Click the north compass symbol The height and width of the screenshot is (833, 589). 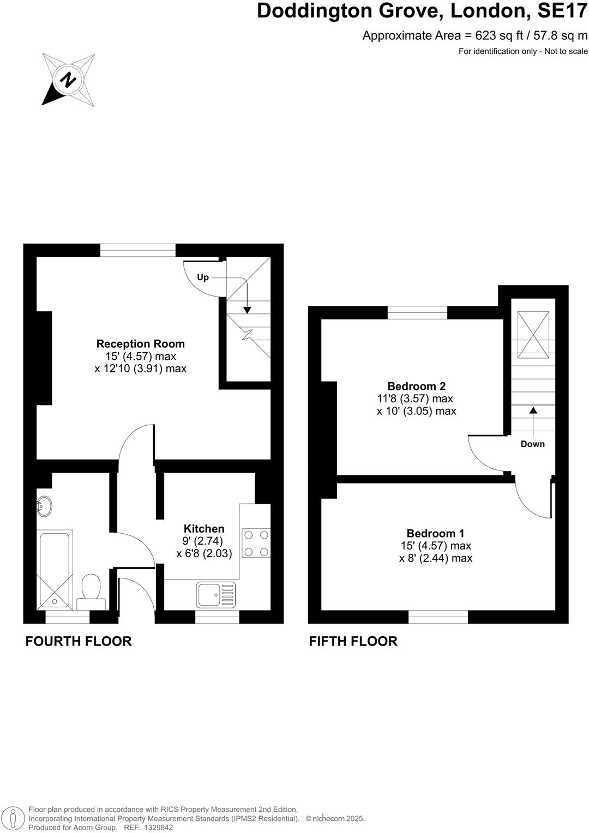point(69,80)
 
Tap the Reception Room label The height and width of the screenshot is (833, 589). point(140,344)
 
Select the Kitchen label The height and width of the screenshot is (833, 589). point(204,529)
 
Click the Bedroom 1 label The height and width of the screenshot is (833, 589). point(435,534)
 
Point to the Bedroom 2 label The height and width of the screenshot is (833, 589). point(416,387)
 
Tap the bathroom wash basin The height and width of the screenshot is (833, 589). point(44,506)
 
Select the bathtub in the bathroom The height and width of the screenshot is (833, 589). point(55,570)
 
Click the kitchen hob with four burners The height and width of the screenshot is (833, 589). point(256,544)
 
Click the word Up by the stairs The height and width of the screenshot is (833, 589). point(203,277)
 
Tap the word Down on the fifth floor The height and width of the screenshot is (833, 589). point(532,444)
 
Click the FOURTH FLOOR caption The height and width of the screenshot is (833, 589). point(79,641)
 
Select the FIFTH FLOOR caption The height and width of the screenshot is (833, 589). point(353,641)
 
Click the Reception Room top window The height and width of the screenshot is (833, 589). point(138,250)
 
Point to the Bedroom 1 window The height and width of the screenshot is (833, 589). point(438,617)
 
